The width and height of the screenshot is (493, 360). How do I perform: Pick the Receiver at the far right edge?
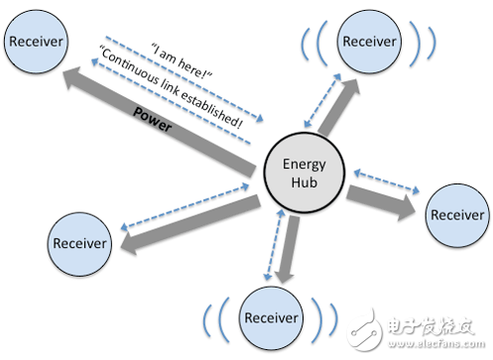tap(455, 214)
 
